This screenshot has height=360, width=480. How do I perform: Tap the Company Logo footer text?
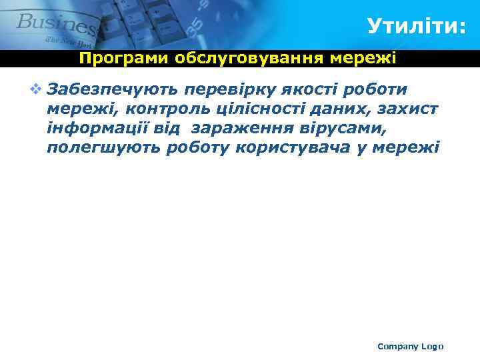click(410, 346)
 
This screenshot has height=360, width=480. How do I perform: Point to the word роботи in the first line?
click(381, 89)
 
